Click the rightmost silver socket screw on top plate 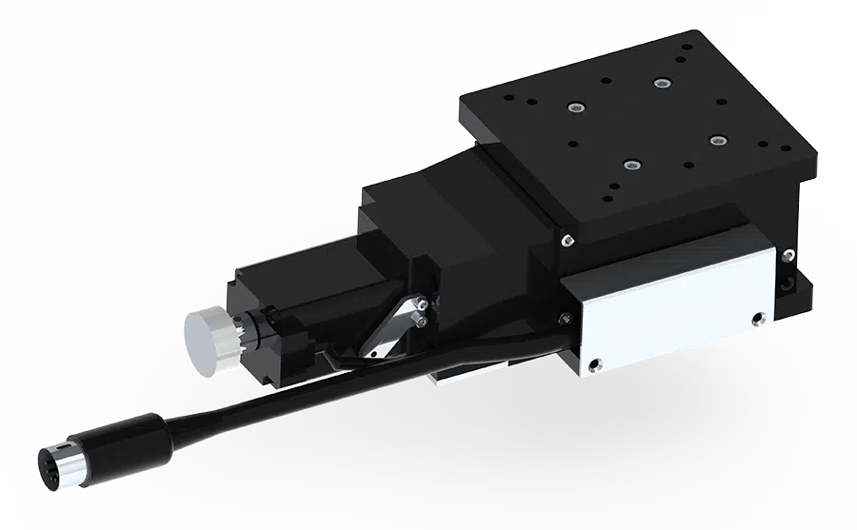715,140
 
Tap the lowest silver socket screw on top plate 628,166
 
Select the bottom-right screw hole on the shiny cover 758,319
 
